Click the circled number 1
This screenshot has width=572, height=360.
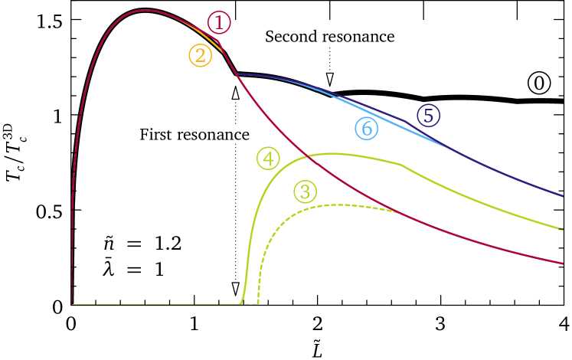click(218, 23)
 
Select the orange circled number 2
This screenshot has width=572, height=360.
click(200, 55)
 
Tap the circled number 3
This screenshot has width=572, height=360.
click(305, 191)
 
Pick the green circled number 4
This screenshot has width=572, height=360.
click(268, 159)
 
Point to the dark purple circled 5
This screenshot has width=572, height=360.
click(428, 116)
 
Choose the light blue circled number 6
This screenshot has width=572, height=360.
click(367, 129)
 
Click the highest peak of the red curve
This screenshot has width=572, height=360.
click(145, 10)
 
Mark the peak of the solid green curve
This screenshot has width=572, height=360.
click(334, 153)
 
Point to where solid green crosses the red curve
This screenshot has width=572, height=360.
click(307, 157)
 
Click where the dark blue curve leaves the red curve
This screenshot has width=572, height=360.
click(235, 74)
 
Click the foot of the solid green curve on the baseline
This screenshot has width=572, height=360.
click(240, 304)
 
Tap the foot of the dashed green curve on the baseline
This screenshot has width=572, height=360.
click(258, 303)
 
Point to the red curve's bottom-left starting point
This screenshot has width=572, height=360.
click(72, 303)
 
